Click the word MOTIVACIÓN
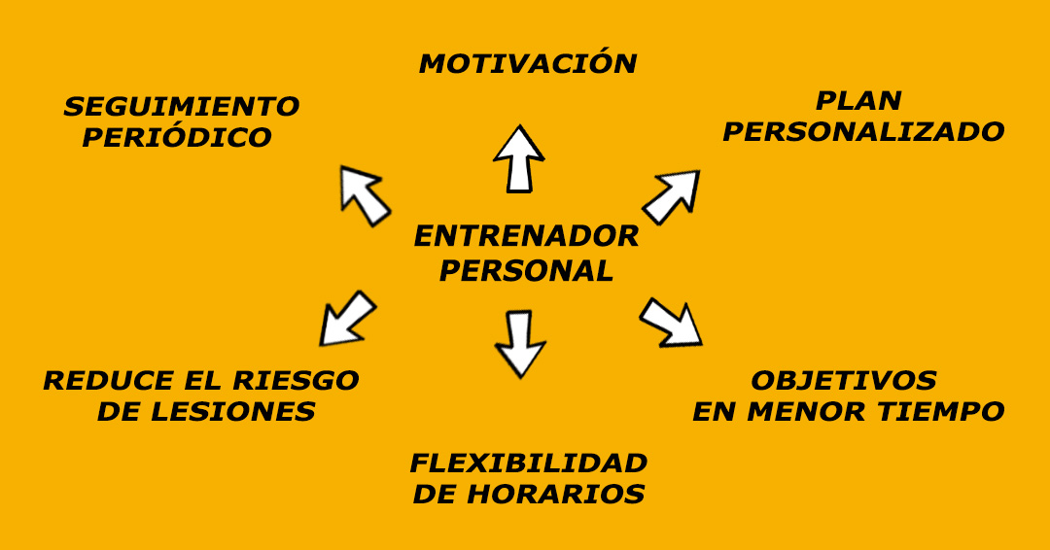click(x=528, y=64)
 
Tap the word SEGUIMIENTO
click(x=182, y=106)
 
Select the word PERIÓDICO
click(x=177, y=138)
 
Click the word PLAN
click(x=858, y=100)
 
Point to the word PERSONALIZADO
click(x=863, y=132)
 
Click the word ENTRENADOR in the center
click(x=526, y=236)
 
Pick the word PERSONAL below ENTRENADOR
click(x=526, y=271)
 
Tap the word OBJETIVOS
click(x=844, y=380)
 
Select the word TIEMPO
click(x=942, y=412)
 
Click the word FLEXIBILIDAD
click(x=528, y=463)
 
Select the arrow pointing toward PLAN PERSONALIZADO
click(x=672, y=196)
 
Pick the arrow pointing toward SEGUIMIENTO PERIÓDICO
click(x=363, y=193)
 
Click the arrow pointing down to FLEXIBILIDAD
click(x=520, y=343)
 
